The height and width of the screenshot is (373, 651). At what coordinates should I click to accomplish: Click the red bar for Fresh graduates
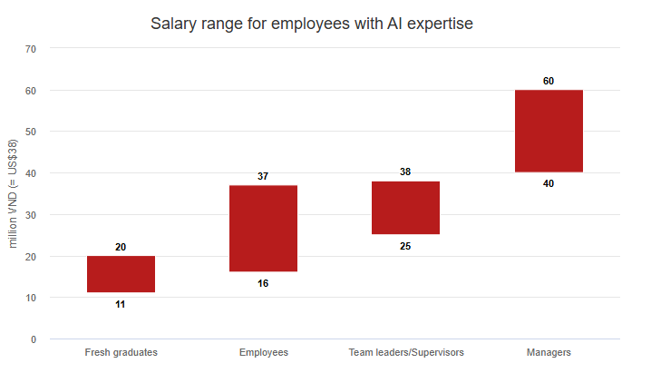[x=121, y=274]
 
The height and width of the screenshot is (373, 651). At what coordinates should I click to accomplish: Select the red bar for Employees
[x=263, y=228]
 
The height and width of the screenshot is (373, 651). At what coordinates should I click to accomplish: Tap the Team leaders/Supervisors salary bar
[x=405, y=208]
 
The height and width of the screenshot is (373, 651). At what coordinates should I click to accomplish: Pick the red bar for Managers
[x=549, y=131]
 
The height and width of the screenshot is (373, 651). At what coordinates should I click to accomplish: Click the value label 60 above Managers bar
[x=549, y=81]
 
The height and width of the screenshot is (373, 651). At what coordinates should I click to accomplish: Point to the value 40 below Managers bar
[x=549, y=183]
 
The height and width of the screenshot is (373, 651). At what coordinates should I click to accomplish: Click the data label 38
[x=405, y=172]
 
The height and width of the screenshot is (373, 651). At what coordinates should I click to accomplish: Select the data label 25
[x=405, y=246]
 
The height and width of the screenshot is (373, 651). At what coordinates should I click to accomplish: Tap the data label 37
[x=263, y=176]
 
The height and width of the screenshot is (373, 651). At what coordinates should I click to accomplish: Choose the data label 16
[x=263, y=283]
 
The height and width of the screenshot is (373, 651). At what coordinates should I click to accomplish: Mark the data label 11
[x=121, y=304]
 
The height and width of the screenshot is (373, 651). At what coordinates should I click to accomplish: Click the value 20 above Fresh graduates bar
[x=121, y=247]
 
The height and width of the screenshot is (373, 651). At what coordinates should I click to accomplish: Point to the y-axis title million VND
[x=14, y=193]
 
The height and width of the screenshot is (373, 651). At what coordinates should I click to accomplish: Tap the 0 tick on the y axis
[x=33, y=339]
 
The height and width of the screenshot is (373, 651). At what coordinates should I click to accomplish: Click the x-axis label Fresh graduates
[x=121, y=352]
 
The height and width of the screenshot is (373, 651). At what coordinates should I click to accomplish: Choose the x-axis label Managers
[x=549, y=352]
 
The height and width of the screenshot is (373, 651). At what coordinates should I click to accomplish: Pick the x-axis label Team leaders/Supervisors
[x=405, y=352]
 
